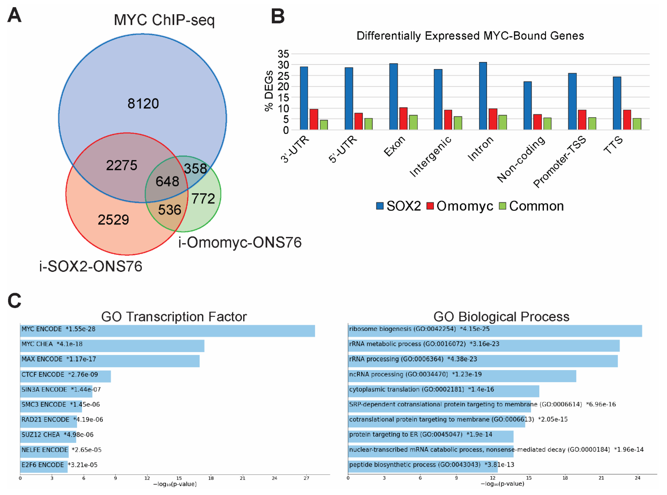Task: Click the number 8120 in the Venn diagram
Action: click(x=143, y=104)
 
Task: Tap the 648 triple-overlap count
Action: click(x=167, y=181)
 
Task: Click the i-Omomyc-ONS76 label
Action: click(x=240, y=242)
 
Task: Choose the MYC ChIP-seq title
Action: click(x=164, y=20)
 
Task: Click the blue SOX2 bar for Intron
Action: click(x=483, y=96)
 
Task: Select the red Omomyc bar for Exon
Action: click(x=403, y=119)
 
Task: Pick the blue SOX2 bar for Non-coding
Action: click(x=527, y=105)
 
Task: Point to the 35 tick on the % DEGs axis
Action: click(x=283, y=54)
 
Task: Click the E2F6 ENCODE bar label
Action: click(x=43, y=465)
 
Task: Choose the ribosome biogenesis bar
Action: click(x=494, y=331)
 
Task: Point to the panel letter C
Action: click(x=14, y=300)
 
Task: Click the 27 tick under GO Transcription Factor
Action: click(x=306, y=478)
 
